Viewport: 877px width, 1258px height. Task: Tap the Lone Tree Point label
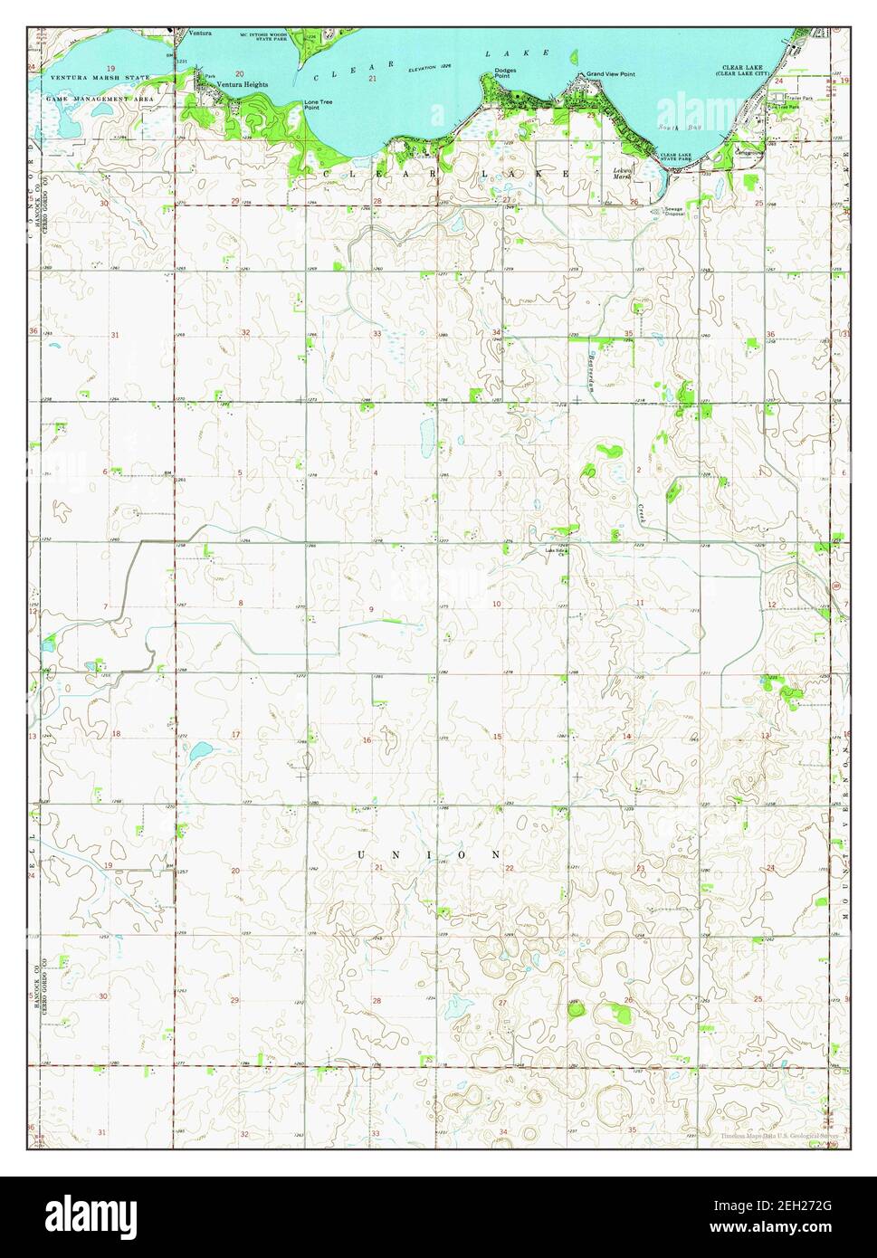[318, 105]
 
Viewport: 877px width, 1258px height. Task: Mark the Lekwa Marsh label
[621, 174]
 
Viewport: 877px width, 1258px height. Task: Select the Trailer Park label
[799, 98]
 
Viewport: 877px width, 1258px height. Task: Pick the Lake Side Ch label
[554, 551]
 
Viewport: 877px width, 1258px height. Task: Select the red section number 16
[367, 740]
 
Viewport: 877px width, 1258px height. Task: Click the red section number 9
[370, 609]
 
